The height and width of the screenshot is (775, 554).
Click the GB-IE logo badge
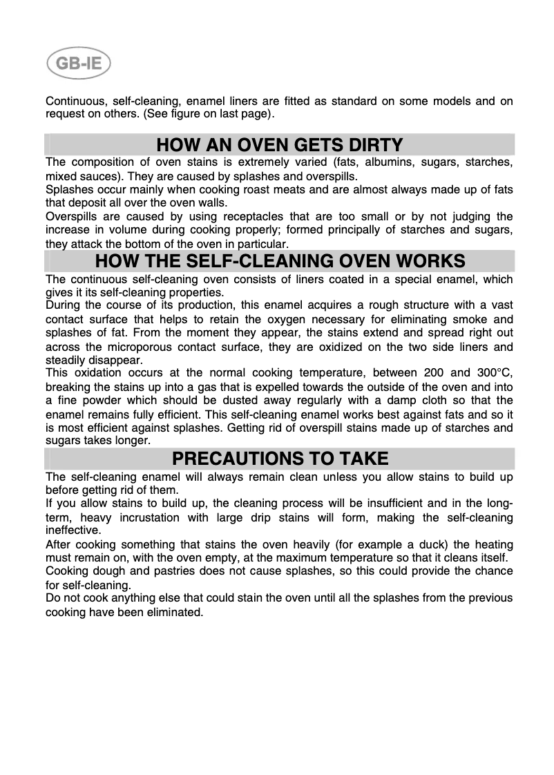tap(79, 66)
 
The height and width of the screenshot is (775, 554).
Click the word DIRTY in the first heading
tap(372, 145)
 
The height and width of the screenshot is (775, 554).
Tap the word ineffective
tap(73, 530)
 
